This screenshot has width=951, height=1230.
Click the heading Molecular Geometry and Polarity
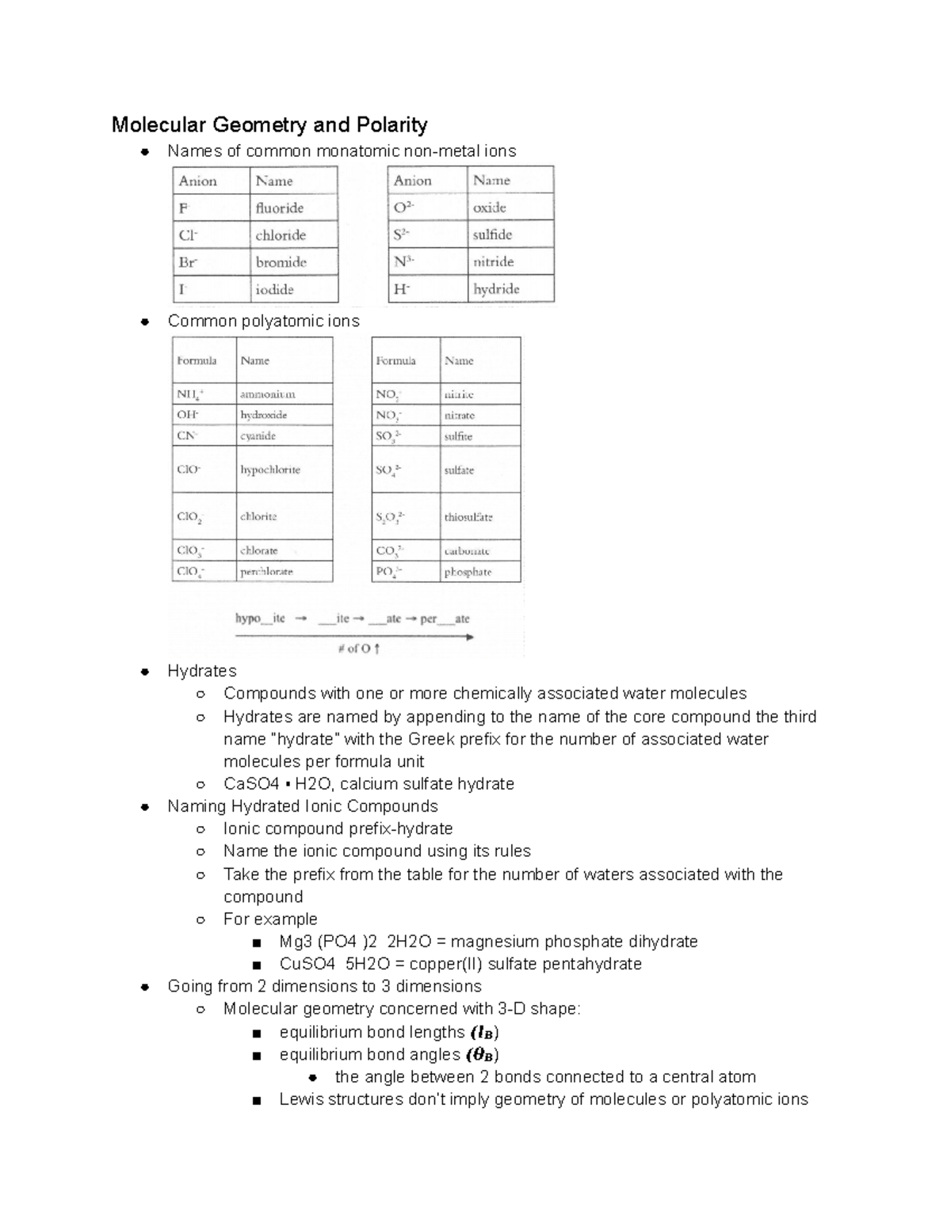(269, 124)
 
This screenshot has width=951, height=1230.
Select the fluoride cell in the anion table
(280, 208)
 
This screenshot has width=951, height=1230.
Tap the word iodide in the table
(274, 290)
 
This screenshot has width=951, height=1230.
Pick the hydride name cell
(496, 289)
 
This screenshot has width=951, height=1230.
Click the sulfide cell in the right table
(492, 235)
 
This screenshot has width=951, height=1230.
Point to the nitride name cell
(493, 262)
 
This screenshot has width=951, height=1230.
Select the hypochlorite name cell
(270, 470)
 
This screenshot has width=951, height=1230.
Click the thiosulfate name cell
(468, 517)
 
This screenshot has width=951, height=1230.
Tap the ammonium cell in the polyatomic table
(268, 394)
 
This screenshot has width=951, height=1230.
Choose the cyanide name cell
(258, 436)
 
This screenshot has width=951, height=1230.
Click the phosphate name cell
(468, 572)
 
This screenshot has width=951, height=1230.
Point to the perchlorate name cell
(266, 571)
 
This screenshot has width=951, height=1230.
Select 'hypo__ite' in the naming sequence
(260, 619)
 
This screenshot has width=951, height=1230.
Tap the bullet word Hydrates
(201, 671)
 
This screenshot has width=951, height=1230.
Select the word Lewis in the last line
(301, 1099)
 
